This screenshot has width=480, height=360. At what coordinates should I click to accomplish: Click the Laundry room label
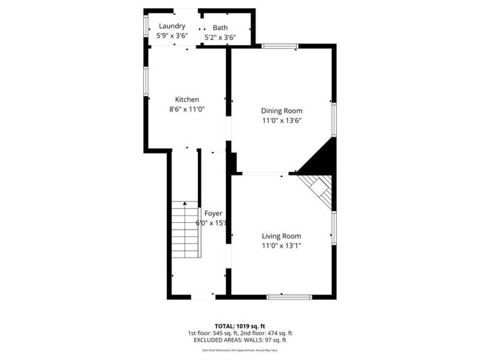pos(171,26)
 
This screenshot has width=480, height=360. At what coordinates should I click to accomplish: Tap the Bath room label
pos(220,27)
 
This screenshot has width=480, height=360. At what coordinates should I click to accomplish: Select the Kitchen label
pos(187,100)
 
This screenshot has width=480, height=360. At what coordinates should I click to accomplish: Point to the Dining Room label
pos(281,111)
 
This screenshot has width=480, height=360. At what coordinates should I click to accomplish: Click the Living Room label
pos(281,236)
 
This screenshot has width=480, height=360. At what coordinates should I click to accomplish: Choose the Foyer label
pos(213,213)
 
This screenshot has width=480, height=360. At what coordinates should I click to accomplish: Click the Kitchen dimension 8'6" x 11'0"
pos(187,109)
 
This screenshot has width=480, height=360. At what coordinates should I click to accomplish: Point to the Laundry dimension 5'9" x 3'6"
pos(171,35)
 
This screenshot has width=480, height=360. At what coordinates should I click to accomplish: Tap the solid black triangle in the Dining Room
pos(322,158)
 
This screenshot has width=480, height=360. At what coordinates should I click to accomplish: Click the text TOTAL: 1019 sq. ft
pos(239,325)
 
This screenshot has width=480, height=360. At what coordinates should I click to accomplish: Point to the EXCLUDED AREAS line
pos(239,340)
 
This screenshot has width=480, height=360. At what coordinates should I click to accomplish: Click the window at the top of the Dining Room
pos(280,46)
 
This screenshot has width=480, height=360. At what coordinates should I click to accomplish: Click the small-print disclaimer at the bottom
pos(239,350)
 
